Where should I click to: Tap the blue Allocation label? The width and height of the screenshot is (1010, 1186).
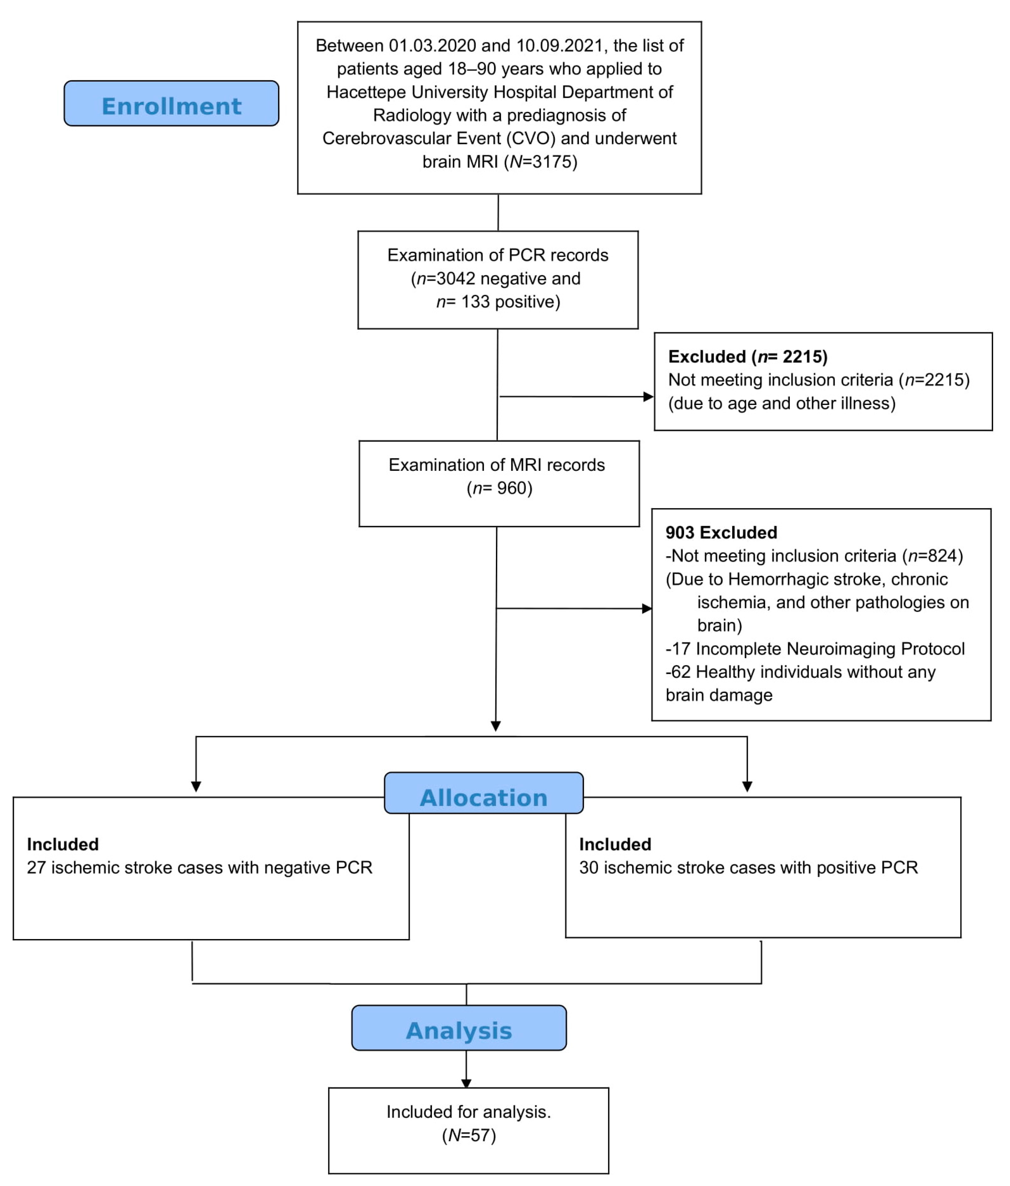pyautogui.click(x=484, y=797)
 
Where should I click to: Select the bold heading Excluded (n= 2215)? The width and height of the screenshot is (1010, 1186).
pyautogui.click(x=747, y=357)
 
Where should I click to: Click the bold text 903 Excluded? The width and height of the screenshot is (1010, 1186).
pyautogui.click(x=721, y=532)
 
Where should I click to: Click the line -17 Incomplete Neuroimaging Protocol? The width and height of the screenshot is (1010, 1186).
pyautogui.click(x=815, y=649)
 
